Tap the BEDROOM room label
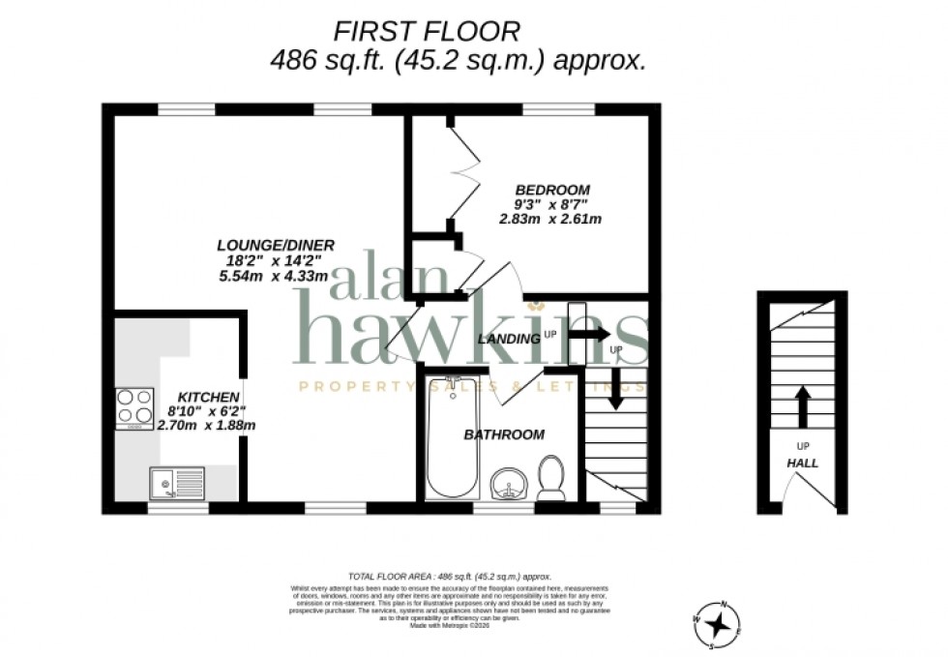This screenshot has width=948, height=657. coord(552,189)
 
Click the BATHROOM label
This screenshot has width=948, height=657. coord(504,434)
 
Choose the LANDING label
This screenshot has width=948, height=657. coord(509,339)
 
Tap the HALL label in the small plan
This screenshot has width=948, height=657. coord(802,463)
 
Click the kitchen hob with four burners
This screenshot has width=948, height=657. coord(134,407)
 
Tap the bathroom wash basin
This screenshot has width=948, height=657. coord(510,483)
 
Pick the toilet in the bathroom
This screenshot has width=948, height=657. coord(551,478)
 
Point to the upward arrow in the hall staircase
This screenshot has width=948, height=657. coord(802,405)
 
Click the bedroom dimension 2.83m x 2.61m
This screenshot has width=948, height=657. coord(550,219)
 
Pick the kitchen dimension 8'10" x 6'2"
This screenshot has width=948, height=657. coord(208,411)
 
